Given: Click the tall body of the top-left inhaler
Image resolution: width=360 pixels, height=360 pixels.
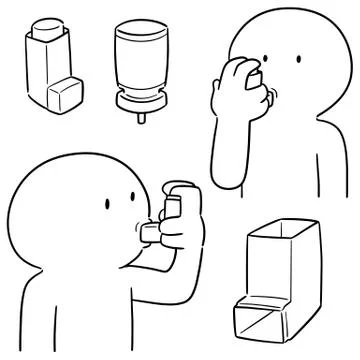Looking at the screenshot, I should tap(44, 70).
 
